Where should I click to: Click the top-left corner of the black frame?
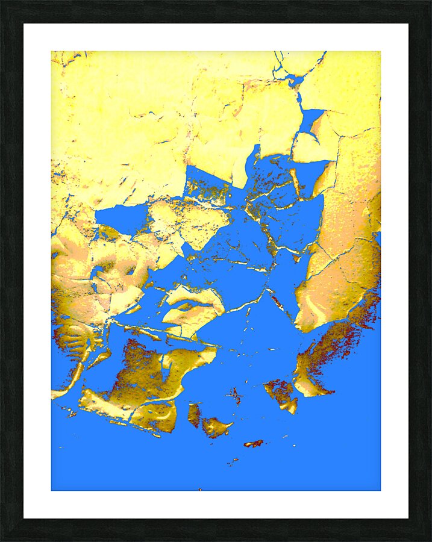click(1, 1)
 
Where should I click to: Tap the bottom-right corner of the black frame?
click(430, 540)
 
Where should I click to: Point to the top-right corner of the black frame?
click(430, 1)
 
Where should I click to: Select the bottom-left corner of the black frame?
click(1, 540)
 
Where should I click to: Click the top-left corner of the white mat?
click(24, 24)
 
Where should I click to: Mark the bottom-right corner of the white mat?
click(408, 518)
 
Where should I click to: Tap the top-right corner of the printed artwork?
click(380, 51)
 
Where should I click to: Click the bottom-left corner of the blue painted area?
click(52, 490)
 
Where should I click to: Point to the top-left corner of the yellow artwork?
click(52, 51)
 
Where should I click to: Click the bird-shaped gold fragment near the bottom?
click(216, 427)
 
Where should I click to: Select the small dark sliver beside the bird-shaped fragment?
click(194, 414)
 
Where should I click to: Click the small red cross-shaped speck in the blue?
click(235, 396)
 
